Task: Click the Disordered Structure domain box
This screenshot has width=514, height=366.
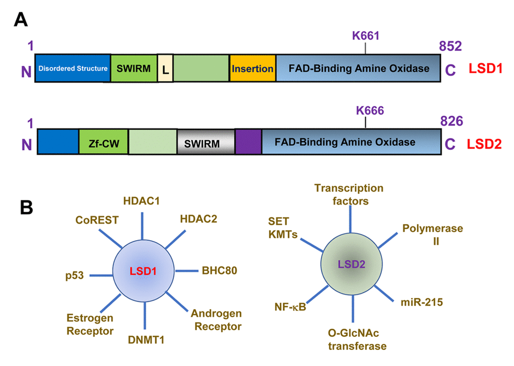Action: point(73,68)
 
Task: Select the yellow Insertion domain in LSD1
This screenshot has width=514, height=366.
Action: point(252,68)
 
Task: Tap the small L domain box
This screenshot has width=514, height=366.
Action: point(165,68)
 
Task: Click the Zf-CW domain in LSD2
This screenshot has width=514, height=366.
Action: point(103,142)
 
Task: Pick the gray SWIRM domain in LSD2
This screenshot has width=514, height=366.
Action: point(206,143)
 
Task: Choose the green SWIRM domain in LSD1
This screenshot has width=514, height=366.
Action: point(134,68)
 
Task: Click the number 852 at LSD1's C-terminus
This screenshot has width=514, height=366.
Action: point(450,46)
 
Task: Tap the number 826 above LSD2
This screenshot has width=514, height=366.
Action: point(452,121)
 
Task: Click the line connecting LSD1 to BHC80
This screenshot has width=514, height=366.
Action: point(186,271)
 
